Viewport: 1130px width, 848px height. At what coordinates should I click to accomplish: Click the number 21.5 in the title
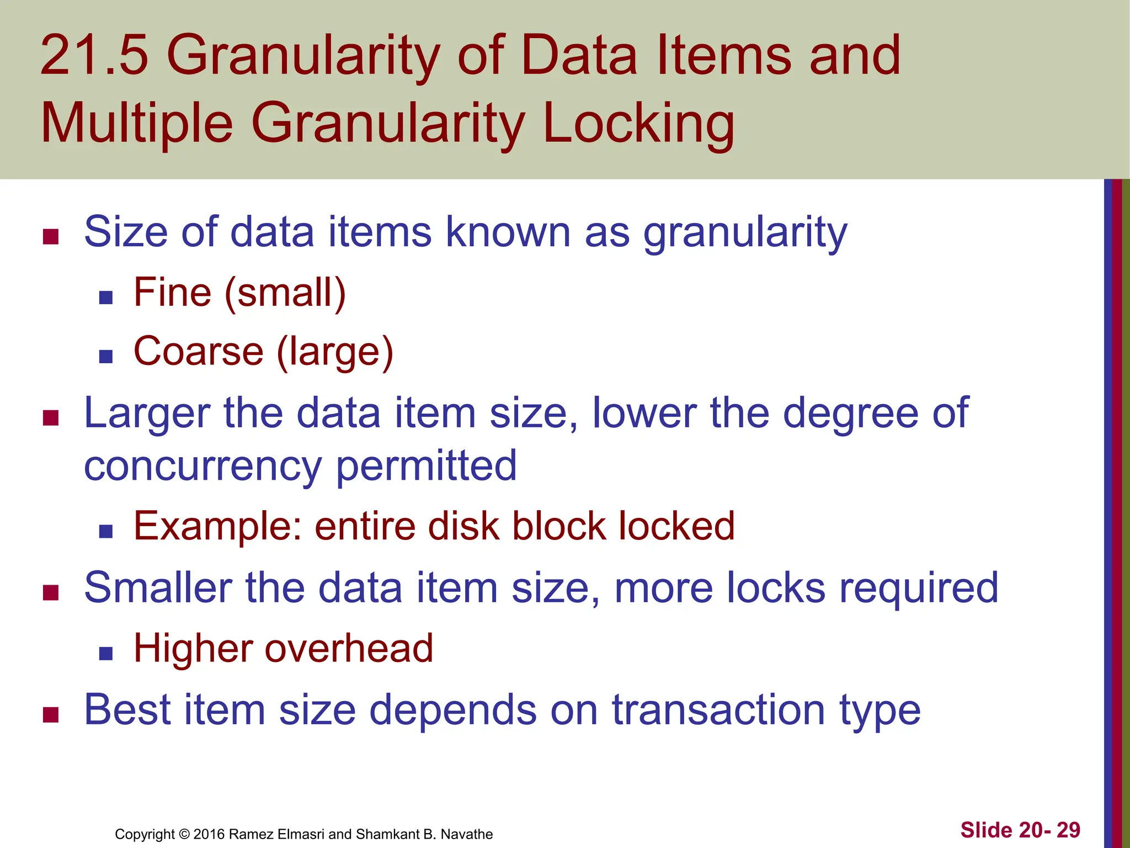coord(94,55)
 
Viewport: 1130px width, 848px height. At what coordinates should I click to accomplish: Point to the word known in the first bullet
coord(508,232)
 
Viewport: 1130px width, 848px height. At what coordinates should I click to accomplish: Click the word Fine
coord(173,292)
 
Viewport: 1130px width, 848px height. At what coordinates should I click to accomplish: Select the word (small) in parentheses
coord(285,293)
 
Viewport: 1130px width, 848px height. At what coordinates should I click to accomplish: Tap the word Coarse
coord(199,352)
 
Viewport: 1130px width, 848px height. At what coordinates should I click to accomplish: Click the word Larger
coord(147,414)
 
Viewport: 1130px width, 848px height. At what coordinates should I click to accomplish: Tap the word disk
coord(463,526)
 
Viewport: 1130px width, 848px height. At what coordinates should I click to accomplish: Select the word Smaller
coord(158,587)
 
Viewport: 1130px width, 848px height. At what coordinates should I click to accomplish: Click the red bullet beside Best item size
coord(51,714)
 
